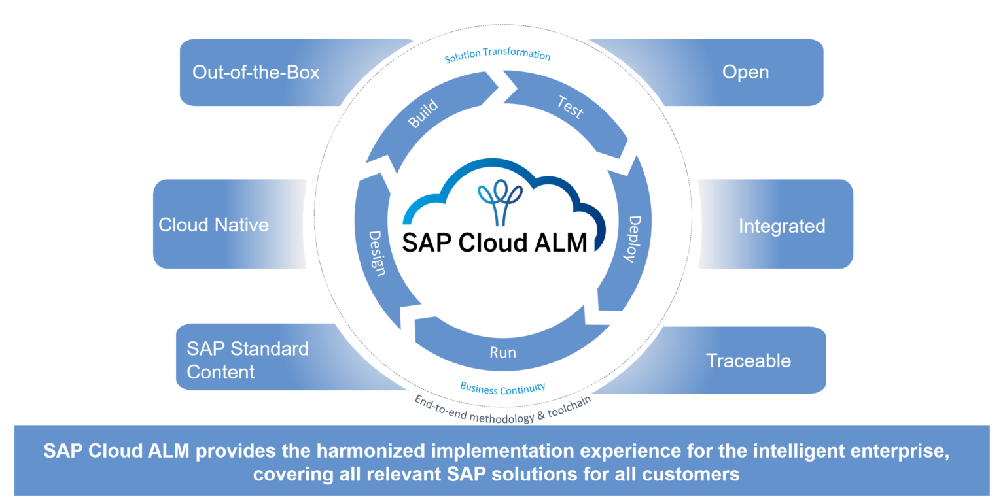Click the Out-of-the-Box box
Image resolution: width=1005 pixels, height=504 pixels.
pyautogui.click(x=256, y=72)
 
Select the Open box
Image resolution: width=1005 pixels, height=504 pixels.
pyautogui.click(x=745, y=72)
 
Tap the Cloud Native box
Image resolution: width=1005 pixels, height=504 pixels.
pyautogui.click(x=214, y=225)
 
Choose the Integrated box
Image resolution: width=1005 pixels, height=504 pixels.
pyautogui.click(x=782, y=226)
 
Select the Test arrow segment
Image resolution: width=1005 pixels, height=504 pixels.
pyautogui.click(x=569, y=108)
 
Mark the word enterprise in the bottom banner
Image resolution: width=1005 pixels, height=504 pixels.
pyautogui.click(x=897, y=452)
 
